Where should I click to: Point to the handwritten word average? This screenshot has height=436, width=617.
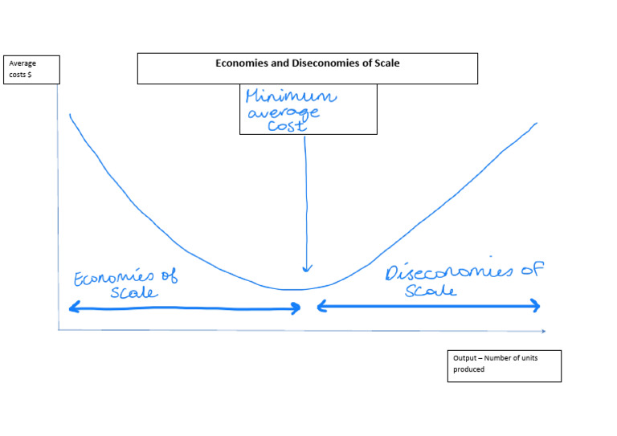(284, 114)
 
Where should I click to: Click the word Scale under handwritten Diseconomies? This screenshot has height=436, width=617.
(431, 291)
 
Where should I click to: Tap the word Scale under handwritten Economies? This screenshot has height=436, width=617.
(135, 293)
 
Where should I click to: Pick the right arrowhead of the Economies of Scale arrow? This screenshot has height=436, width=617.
(298, 307)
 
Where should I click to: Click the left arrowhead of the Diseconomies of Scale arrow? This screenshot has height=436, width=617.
(321, 305)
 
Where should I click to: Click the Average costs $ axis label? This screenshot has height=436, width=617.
(23, 68)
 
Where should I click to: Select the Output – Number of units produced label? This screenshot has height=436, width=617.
(504, 365)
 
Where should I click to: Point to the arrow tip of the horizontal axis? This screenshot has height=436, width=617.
(544, 331)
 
